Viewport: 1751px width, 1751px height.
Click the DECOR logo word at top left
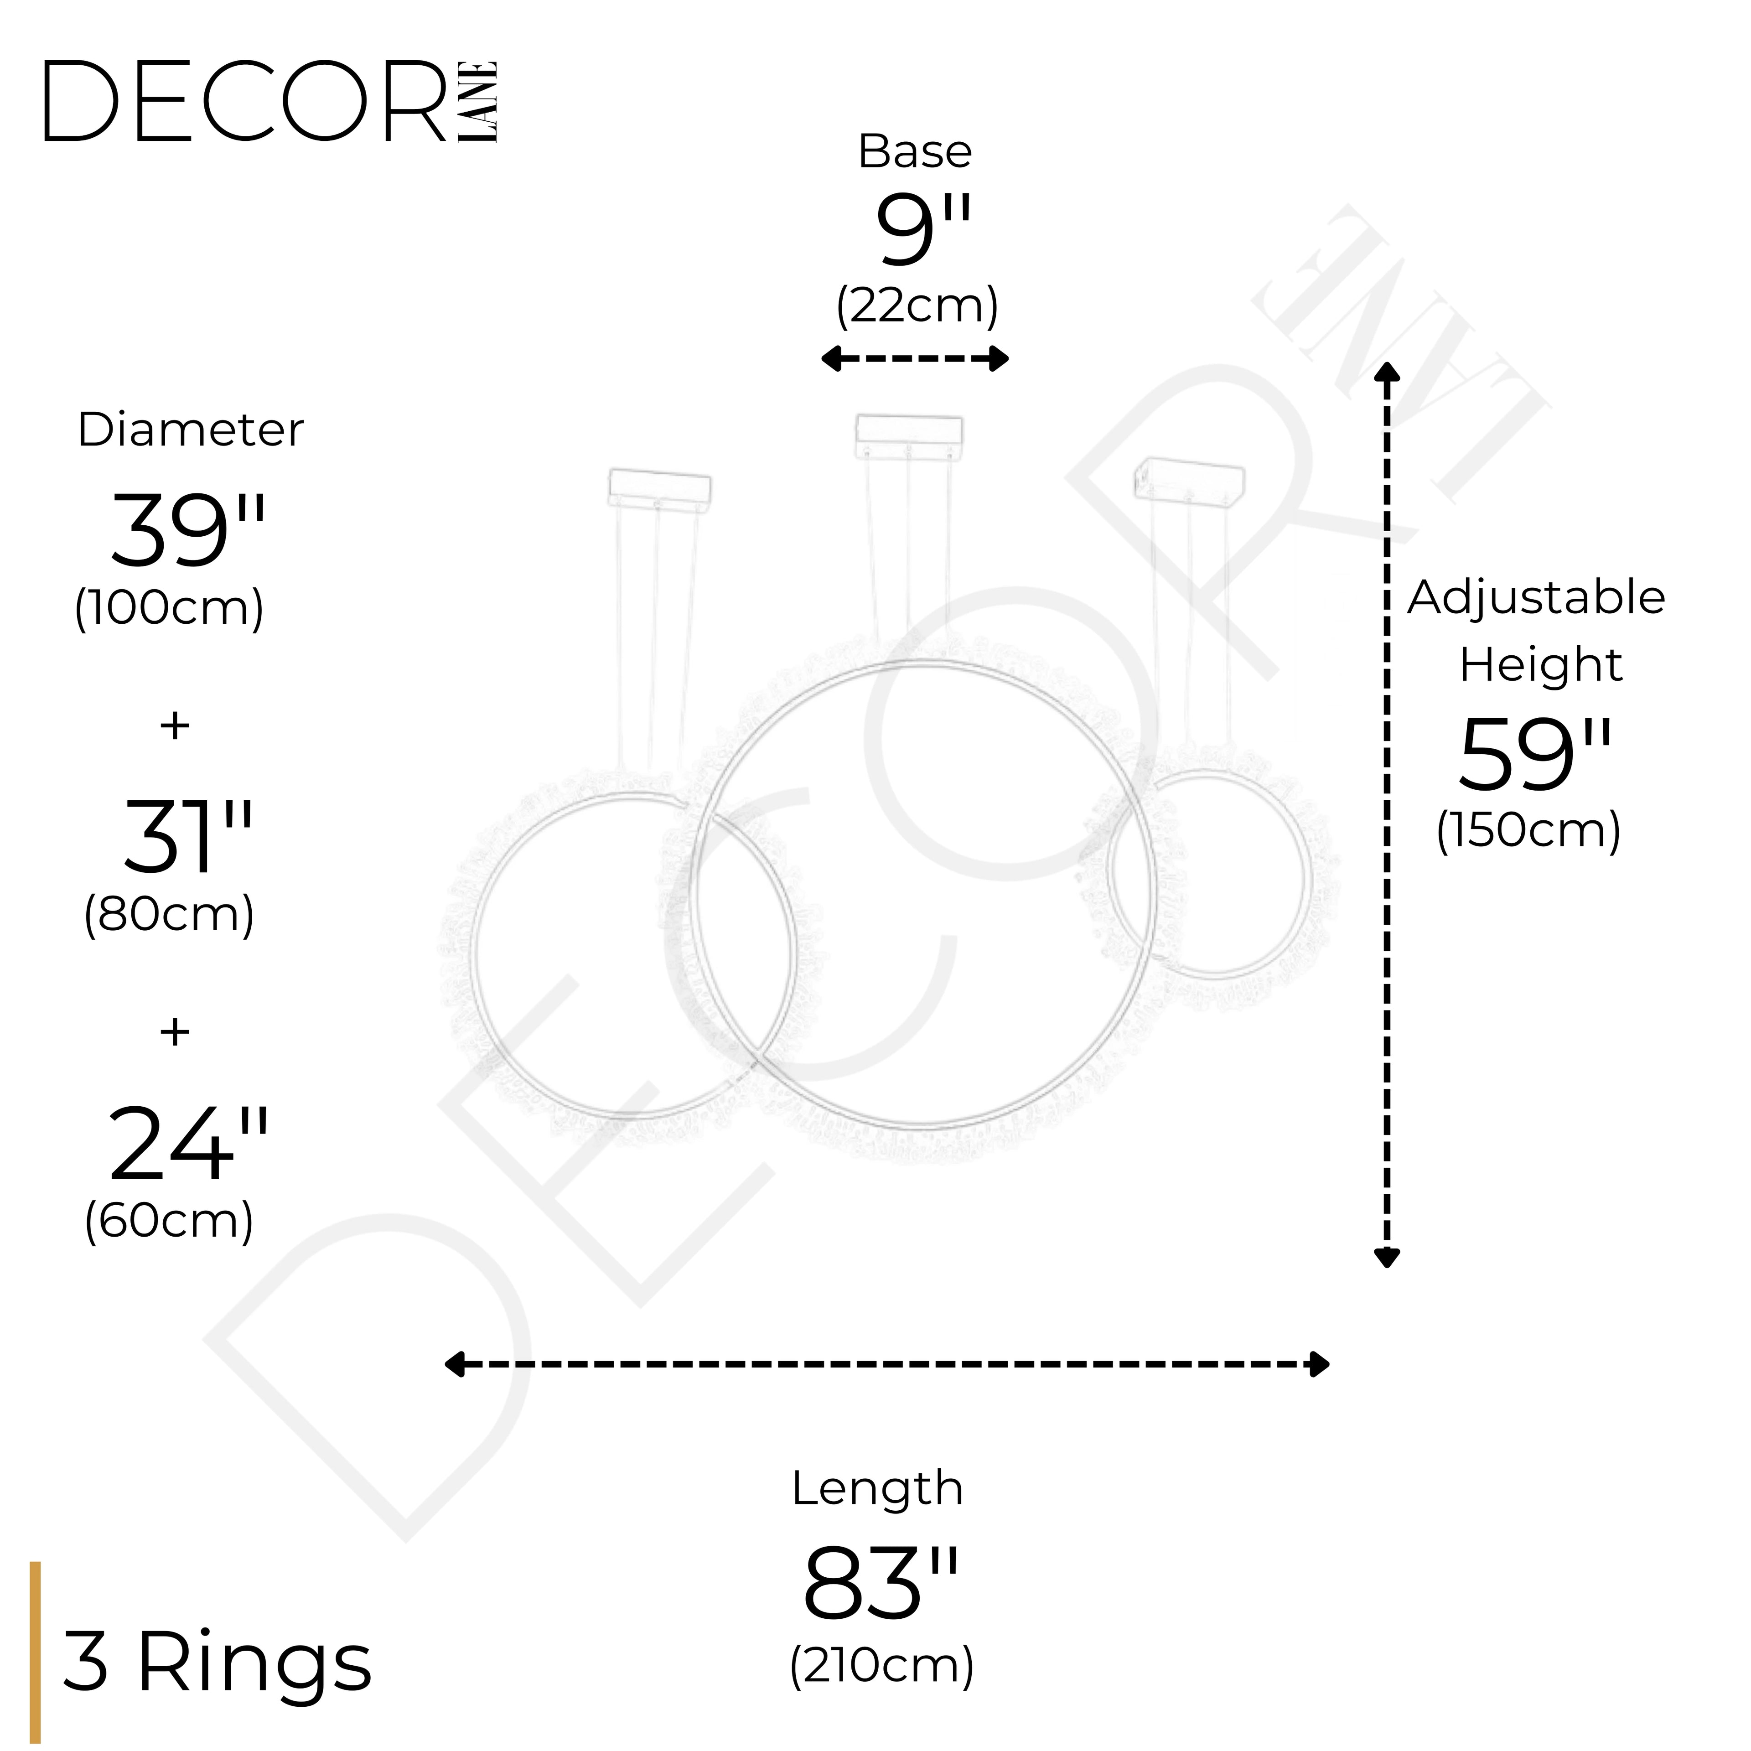[245, 102]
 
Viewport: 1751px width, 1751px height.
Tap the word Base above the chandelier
[914, 151]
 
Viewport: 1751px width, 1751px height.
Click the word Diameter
[190, 430]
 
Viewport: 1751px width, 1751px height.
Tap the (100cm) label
[170, 607]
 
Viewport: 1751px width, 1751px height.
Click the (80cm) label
[170, 914]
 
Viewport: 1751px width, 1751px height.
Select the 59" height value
[1536, 754]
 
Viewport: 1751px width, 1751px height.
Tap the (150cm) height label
[1529, 830]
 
